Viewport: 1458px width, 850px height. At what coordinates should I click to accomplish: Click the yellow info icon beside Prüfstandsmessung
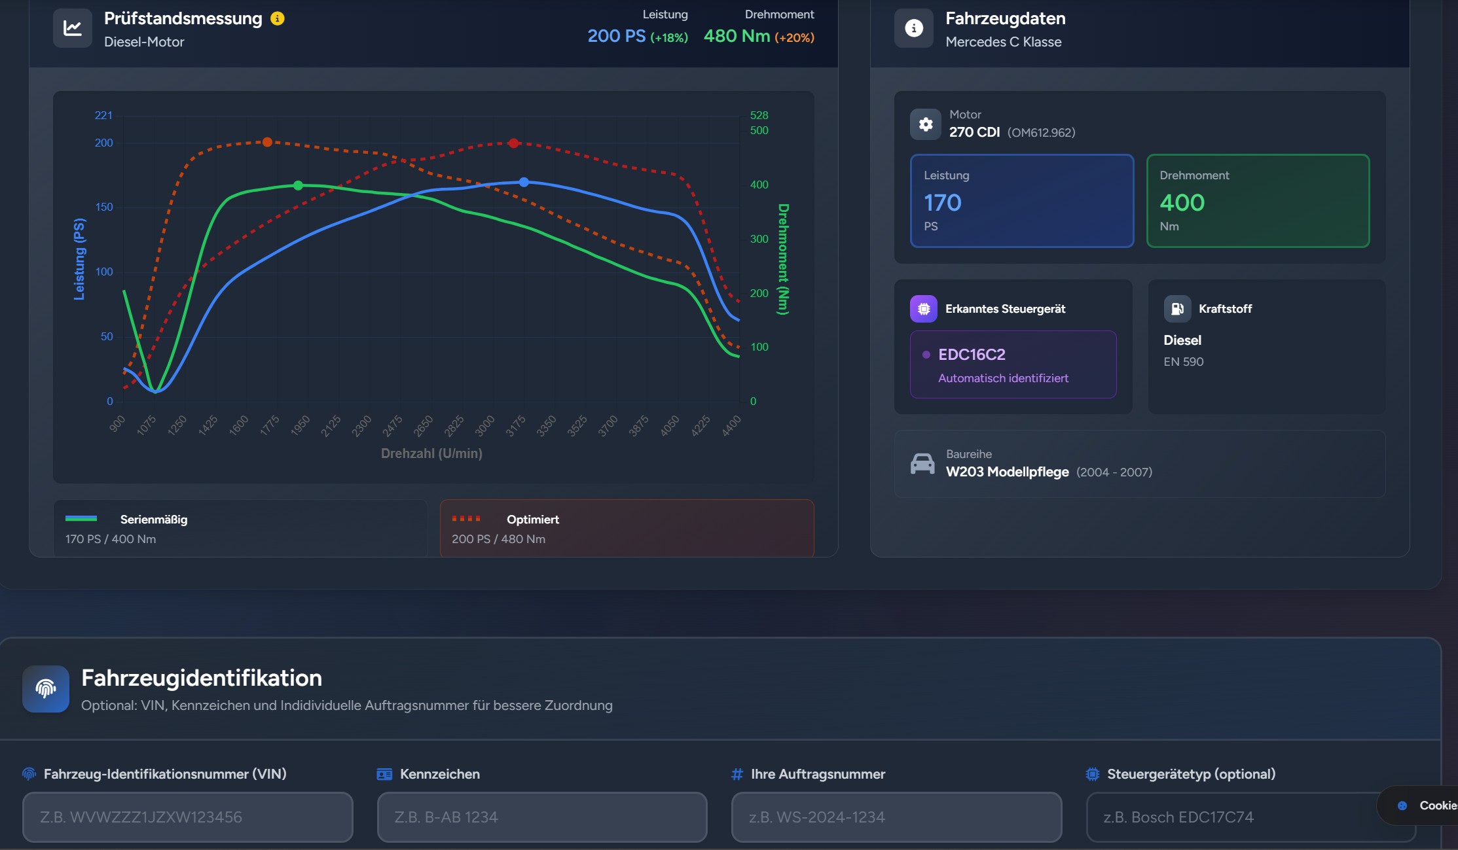[x=278, y=18]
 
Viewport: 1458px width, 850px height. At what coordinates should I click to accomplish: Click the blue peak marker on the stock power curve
[x=524, y=182]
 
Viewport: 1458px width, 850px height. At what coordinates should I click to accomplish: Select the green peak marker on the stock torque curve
[x=298, y=186]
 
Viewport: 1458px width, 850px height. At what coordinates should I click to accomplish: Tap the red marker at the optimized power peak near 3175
[x=514, y=143]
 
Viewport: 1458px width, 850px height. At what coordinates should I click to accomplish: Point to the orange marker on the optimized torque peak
[x=267, y=142]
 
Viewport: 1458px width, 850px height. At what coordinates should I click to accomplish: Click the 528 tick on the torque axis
[x=759, y=115]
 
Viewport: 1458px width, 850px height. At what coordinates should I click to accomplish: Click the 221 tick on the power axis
[x=103, y=115]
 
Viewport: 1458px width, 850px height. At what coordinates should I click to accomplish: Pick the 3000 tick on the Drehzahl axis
[x=485, y=426]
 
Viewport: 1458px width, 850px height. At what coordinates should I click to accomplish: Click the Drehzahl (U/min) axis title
[x=431, y=453]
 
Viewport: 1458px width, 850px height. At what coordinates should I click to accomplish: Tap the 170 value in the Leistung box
[x=942, y=203]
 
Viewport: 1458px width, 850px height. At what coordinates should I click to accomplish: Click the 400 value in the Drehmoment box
[x=1182, y=203]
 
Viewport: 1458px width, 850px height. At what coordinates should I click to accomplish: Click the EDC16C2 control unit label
[x=972, y=355]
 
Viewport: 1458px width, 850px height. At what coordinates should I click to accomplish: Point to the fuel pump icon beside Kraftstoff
[x=1176, y=309]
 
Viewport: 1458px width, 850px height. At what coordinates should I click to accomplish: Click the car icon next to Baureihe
[x=922, y=463]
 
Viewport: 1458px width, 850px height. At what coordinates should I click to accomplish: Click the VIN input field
[x=187, y=817]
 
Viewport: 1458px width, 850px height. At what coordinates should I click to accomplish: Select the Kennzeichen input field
[x=541, y=817]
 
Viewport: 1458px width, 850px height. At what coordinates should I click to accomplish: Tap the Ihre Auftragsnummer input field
[x=896, y=817]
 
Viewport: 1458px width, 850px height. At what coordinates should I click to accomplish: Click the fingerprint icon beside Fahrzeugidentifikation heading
[x=46, y=688]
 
